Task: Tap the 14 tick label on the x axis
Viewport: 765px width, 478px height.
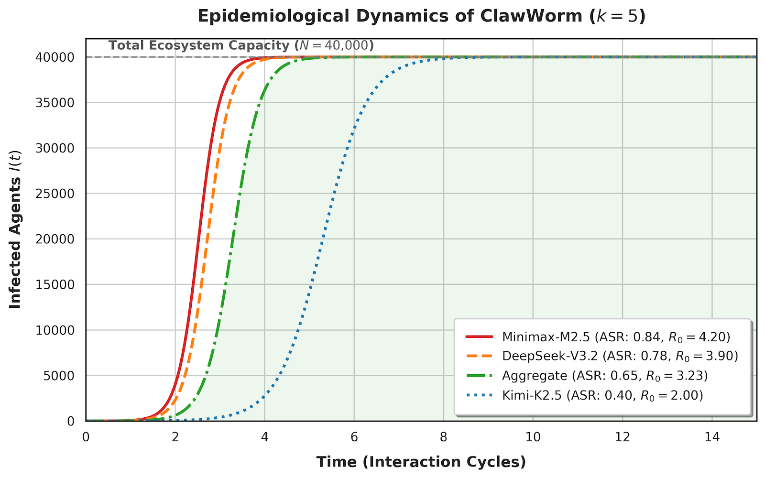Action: (x=712, y=437)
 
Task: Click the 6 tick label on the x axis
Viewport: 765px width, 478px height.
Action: (x=354, y=437)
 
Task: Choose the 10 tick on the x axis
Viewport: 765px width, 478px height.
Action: (x=533, y=437)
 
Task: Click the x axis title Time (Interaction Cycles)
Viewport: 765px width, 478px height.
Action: (x=421, y=462)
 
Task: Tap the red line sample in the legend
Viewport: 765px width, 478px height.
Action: (x=479, y=337)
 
